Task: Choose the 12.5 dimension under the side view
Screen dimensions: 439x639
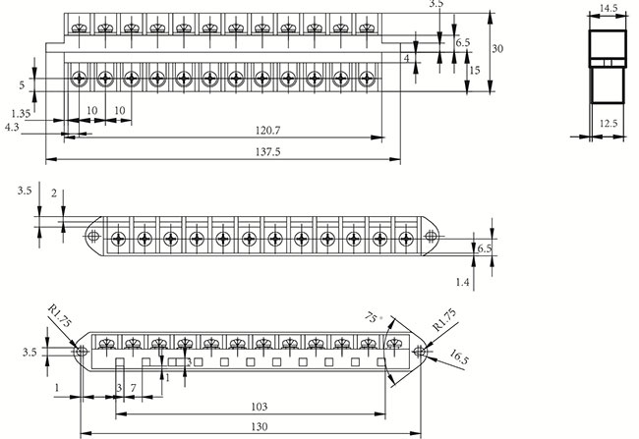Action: point(609,124)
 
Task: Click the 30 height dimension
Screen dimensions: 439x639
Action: point(498,48)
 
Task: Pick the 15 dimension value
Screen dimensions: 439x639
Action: point(474,71)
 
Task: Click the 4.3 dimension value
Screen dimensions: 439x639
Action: point(11,128)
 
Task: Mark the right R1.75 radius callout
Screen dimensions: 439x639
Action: point(444,320)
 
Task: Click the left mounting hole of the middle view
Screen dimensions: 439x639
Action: point(93,237)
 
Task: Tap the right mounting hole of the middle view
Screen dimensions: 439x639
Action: point(431,237)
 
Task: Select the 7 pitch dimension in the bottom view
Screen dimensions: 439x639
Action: point(133,389)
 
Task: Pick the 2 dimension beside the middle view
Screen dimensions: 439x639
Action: point(54,192)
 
